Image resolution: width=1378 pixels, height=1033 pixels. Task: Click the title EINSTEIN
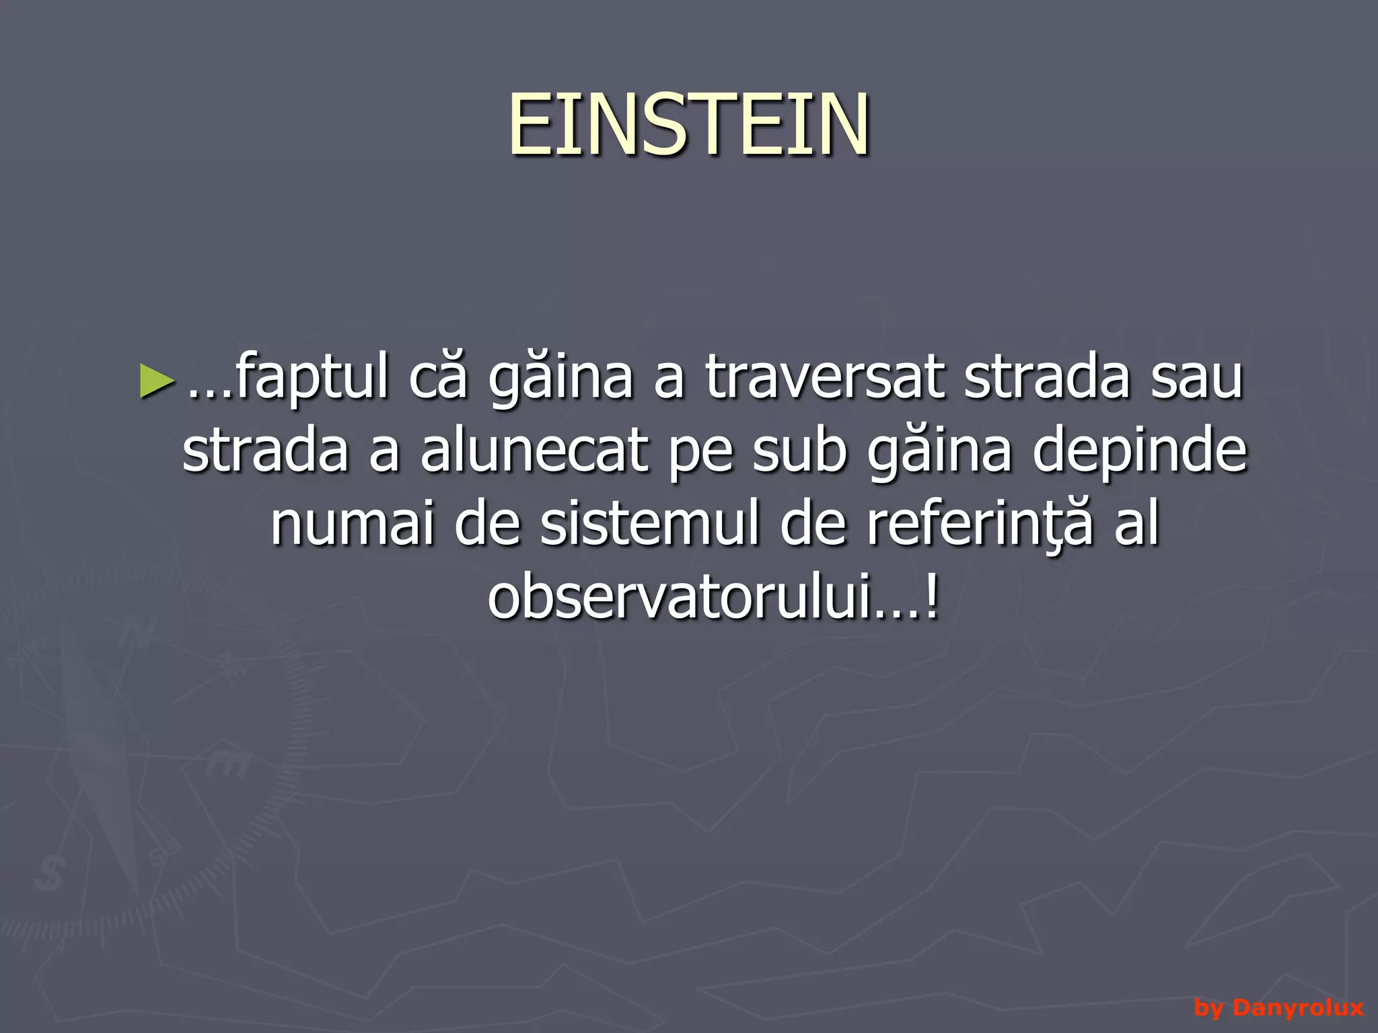689,125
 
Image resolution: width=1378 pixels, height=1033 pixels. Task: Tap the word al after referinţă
1136,525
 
